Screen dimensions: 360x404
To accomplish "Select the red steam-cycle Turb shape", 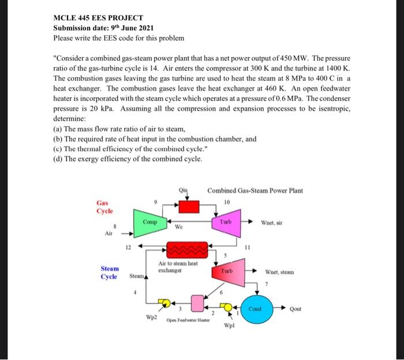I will pos(226,271).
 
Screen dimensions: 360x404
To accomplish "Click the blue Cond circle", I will pos(255,309).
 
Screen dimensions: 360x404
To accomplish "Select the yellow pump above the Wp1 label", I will pos(228,307).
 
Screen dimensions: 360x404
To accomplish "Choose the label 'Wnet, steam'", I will pos(279,271).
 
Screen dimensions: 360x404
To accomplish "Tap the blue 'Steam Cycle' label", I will pos(110,272).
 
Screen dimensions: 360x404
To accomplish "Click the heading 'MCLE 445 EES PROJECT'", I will pos(98,18).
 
